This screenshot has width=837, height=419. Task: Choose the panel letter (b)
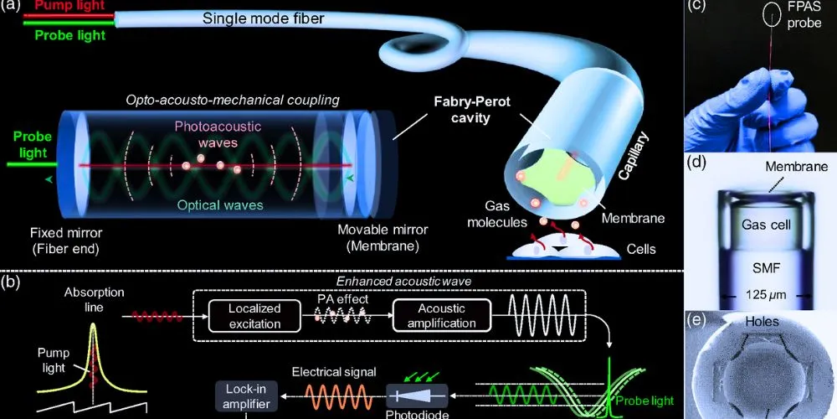[12, 282]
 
